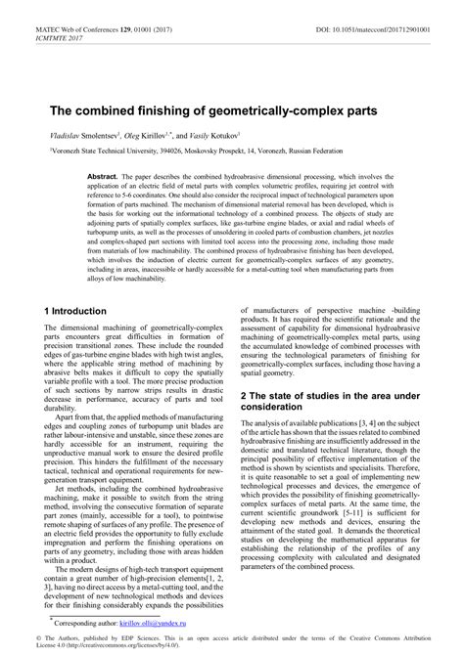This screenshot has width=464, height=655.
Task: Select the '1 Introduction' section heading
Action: click(79, 310)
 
